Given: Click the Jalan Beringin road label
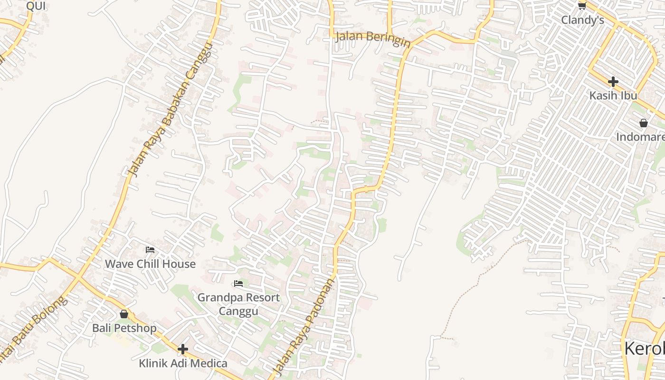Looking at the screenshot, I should pos(373,39).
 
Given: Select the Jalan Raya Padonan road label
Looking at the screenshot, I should pos(303,325).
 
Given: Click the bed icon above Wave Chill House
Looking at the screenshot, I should pos(150,249).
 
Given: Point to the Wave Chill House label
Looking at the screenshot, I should pos(150,264).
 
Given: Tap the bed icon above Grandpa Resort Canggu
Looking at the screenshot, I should pos(238,284).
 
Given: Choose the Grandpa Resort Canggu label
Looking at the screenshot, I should pos(238,304).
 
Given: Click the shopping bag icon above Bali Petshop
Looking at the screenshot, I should pos(124,314).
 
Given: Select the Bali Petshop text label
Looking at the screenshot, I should pos(124,328).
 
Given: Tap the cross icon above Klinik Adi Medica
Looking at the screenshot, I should pos(183,350).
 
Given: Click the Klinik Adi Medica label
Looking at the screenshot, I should pos(183,363).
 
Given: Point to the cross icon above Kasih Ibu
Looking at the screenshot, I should pos(613,81).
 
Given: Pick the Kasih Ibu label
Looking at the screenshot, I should pos(613,95).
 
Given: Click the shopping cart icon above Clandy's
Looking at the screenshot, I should pos(582,6).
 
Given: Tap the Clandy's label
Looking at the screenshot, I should pos(582,20).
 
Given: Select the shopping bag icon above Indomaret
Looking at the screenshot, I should pos(644,123).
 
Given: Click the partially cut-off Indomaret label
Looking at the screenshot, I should pos(640,137).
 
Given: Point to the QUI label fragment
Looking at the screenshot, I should pos(36,6).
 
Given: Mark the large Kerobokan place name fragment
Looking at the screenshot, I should pos(644,348).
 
